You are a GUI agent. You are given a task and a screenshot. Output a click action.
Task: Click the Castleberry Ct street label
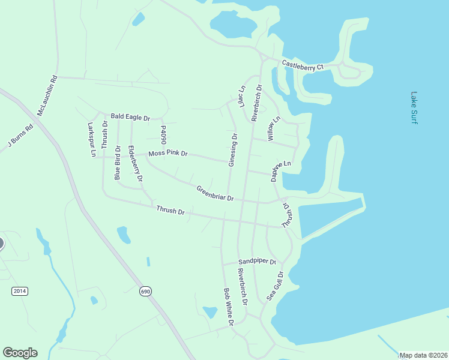click(x=303, y=65)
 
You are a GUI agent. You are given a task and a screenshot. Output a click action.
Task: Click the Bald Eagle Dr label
click(x=130, y=118)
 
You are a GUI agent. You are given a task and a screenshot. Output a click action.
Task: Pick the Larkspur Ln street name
click(x=92, y=140)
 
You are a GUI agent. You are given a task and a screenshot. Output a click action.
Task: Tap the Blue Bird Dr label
click(x=118, y=162)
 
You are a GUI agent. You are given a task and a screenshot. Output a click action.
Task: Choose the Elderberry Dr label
click(x=136, y=163)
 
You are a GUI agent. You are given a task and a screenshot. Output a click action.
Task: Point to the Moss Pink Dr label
click(x=168, y=154)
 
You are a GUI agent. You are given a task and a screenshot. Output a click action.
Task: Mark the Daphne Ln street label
click(x=279, y=171)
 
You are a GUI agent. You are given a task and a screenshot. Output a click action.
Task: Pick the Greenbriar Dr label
click(x=214, y=194)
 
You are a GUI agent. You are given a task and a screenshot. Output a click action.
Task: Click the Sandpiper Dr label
click(x=257, y=262)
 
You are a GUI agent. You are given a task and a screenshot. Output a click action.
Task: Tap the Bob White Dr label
click(x=228, y=307)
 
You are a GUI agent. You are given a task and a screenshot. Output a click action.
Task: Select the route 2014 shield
click(x=20, y=291)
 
